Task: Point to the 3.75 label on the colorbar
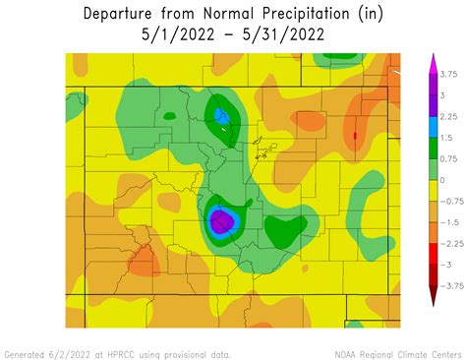[x=447, y=74]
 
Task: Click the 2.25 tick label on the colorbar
[x=447, y=116]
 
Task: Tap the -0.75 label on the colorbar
[x=449, y=201]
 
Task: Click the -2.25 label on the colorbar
[x=449, y=243]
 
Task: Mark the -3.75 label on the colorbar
[x=449, y=286]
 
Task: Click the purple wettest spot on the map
[x=222, y=220]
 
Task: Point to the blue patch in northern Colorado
[x=222, y=118]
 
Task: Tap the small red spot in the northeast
[x=355, y=134]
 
